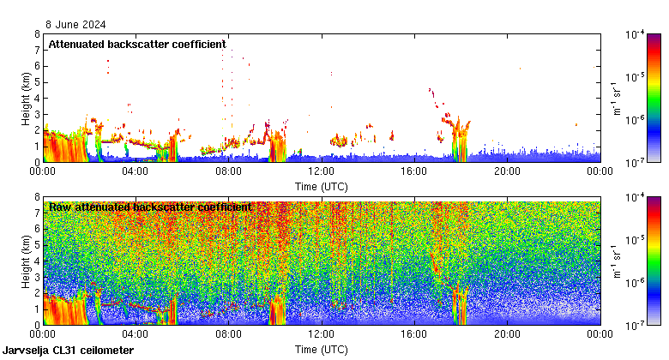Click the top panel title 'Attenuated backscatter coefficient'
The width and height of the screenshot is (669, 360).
(137, 44)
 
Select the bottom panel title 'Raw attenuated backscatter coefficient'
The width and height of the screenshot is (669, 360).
(150, 207)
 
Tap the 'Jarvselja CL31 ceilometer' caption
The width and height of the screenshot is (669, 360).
(69, 351)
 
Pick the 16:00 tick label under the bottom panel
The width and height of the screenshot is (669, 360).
(414, 334)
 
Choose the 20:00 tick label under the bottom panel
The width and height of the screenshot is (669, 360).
(507, 334)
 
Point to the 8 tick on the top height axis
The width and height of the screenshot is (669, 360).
(36, 35)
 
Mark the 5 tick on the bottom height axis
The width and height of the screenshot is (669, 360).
(36, 245)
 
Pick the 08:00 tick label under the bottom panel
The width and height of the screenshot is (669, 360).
(228, 334)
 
